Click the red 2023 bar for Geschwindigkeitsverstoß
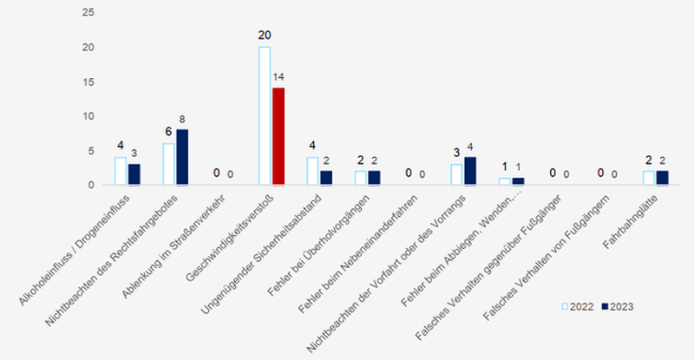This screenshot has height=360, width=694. [278, 136]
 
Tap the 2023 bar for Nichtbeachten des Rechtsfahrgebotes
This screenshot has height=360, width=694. [182, 157]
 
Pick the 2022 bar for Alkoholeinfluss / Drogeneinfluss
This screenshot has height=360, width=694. [121, 171]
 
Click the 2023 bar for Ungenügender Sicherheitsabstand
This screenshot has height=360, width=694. [326, 178]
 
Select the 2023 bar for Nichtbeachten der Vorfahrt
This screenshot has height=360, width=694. [470, 171]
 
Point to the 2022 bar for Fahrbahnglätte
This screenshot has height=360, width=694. [649, 178]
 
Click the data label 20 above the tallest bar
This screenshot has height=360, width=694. [265, 36]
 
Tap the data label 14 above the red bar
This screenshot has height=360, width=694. [279, 77]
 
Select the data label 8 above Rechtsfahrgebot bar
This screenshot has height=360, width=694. [183, 119]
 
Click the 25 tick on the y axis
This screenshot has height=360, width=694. [87, 14]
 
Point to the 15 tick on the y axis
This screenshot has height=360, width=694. [87, 82]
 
